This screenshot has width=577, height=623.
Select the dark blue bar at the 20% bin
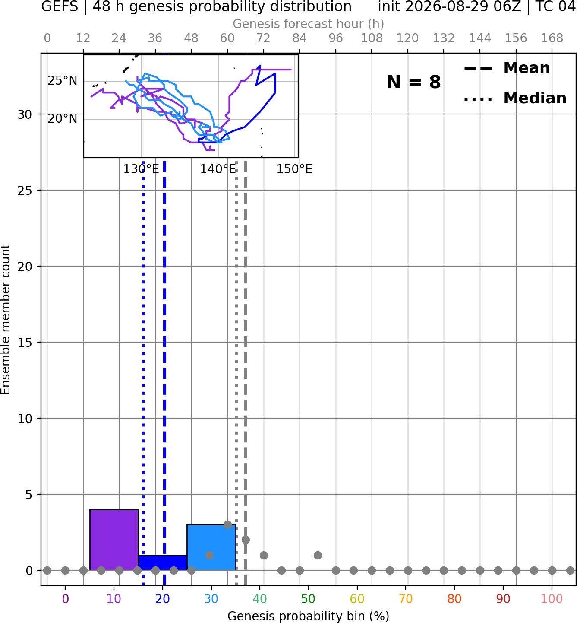(x=163, y=563)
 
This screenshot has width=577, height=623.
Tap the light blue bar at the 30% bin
(x=211, y=547)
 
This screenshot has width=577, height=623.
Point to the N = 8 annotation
(x=414, y=82)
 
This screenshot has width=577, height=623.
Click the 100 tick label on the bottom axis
(x=552, y=599)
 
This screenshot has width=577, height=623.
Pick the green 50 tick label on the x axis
(x=309, y=599)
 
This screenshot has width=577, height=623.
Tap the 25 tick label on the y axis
(x=25, y=191)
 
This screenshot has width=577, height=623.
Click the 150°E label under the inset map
(x=294, y=169)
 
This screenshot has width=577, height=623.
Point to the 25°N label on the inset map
(x=63, y=81)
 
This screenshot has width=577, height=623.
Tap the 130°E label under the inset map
(x=141, y=169)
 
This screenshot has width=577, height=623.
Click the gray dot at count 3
(x=227, y=525)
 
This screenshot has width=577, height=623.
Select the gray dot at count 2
(x=246, y=540)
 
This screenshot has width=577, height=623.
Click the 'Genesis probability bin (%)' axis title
(x=309, y=616)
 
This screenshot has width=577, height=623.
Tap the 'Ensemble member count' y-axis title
(x=6, y=319)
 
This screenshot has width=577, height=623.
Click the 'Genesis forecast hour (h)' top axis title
(x=309, y=24)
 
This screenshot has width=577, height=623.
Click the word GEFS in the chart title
(x=60, y=6)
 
